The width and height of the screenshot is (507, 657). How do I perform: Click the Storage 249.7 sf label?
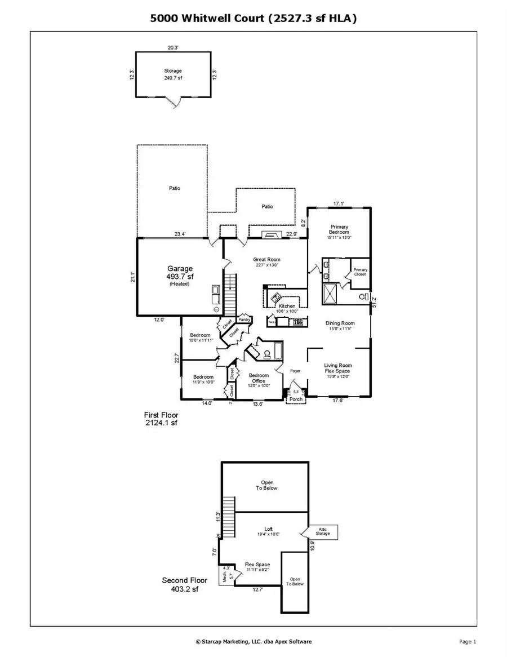tap(173, 74)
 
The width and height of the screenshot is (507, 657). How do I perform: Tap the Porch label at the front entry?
tap(295, 399)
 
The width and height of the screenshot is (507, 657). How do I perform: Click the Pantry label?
tap(244, 319)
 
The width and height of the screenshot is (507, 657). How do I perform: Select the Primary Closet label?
tap(360, 272)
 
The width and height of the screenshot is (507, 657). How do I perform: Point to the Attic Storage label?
tap(323, 531)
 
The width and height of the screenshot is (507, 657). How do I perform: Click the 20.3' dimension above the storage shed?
tap(172, 48)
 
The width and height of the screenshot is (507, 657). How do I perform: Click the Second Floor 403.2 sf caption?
tap(185, 584)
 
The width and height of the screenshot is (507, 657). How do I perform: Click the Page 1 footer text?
tap(468, 641)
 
